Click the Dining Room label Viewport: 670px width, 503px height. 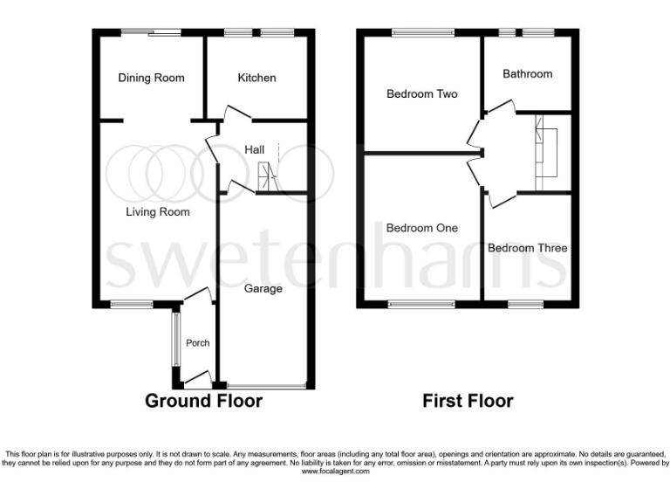151,78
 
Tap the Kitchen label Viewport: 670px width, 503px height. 256,78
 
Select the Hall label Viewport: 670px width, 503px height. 254,150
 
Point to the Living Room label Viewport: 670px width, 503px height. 157,211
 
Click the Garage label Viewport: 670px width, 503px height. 263,288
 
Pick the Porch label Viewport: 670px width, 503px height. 198,343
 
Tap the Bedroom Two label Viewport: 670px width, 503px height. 422,94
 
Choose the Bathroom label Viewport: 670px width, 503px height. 527,74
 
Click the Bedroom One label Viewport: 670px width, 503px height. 421,228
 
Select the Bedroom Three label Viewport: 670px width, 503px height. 527,248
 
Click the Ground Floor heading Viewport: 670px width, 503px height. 203,401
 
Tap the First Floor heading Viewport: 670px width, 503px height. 468,401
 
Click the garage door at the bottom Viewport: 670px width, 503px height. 264,385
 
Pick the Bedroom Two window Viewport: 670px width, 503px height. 422,33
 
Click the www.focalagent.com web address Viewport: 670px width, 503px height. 335,472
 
